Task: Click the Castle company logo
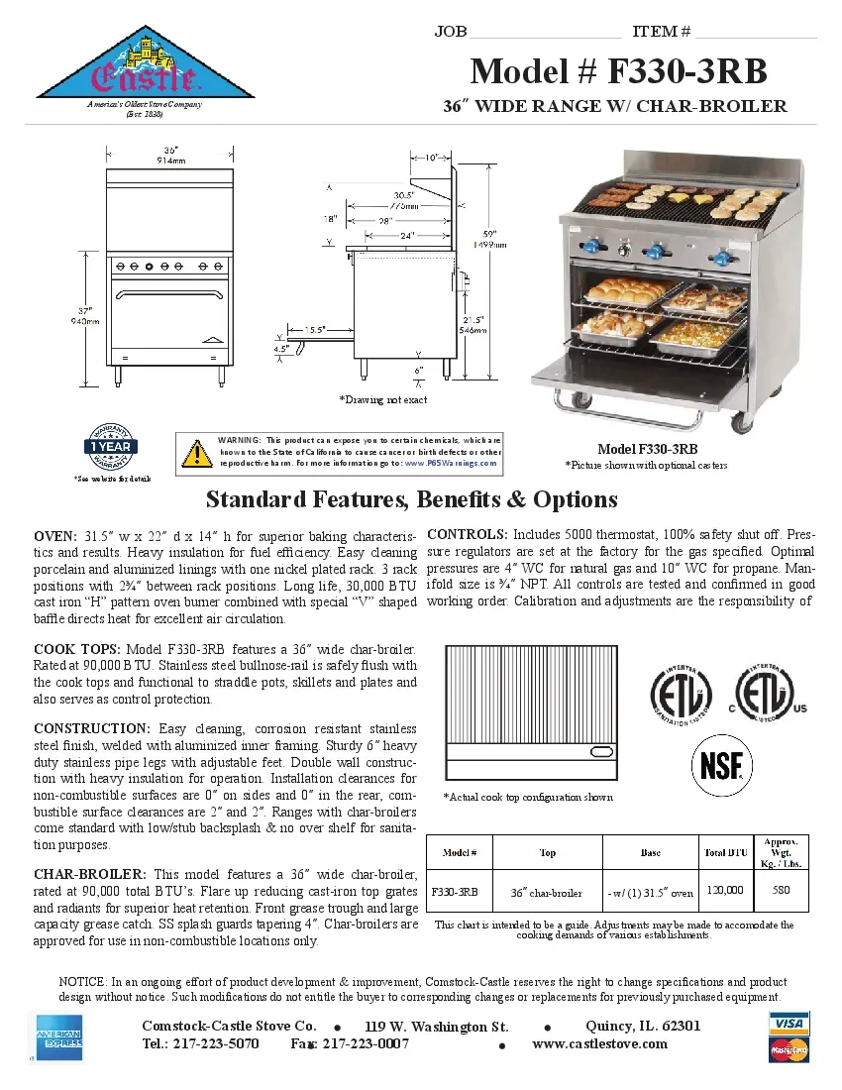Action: click(x=145, y=65)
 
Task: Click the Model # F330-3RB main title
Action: click(x=618, y=71)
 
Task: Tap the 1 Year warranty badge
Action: click(x=112, y=447)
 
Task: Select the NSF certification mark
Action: click(x=720, y=767)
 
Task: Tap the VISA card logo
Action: click(x=789, y=1023)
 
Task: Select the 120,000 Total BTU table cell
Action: click(x=725, y=890)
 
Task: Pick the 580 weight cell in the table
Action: click(x=781, y=890)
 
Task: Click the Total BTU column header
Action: click(x=725, y=852)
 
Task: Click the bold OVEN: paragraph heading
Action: click(x=56, y=535)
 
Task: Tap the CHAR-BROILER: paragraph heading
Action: click(x=90, y=874)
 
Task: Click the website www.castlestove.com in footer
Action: click(x=599, y=1043)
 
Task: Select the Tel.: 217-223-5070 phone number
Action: click(x=200, y=1043)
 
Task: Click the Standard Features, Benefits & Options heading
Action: click(x=411, y=498)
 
